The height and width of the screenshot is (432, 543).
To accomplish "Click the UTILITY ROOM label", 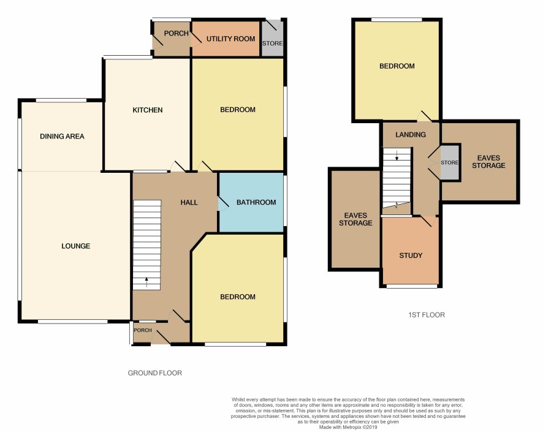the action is click(230, 39).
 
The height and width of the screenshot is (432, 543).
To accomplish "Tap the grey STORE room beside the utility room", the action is click(273, 38).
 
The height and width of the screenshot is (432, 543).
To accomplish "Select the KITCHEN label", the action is click(148, 110).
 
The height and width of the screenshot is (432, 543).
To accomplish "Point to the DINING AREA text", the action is click(62, 137).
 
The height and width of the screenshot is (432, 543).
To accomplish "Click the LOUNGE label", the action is click(76, 246).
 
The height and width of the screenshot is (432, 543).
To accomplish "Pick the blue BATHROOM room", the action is click(251, 202).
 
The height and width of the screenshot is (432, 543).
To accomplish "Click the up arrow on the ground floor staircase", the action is click(146, 282).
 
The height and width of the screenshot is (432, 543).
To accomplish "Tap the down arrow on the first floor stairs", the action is click(397, 155).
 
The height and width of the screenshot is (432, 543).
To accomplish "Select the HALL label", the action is click(189, 202).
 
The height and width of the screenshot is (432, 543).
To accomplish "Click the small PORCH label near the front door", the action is click(143, 330).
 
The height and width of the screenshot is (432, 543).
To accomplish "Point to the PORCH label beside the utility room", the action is click(177, 33).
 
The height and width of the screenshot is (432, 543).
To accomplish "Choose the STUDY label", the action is click(411, 256).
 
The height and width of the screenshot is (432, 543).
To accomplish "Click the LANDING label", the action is click(411, 135).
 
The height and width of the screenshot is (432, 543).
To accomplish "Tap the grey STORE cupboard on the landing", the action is click(450, 163).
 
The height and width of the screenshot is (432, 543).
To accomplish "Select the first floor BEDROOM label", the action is click(397, 66).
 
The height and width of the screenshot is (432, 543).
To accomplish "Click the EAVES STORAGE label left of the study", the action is click(355, 219).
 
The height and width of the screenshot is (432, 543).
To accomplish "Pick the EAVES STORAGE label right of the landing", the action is click(488, 162).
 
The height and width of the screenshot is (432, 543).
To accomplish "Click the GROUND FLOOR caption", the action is click(155, 373).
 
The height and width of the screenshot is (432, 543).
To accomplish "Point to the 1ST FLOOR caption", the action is click(427, 315).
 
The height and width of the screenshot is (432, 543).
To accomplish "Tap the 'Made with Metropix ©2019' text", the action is click(348, 428).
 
